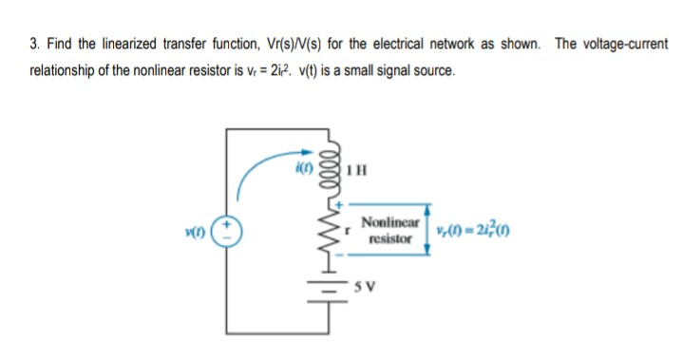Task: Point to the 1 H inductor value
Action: [x=355, y=172]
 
